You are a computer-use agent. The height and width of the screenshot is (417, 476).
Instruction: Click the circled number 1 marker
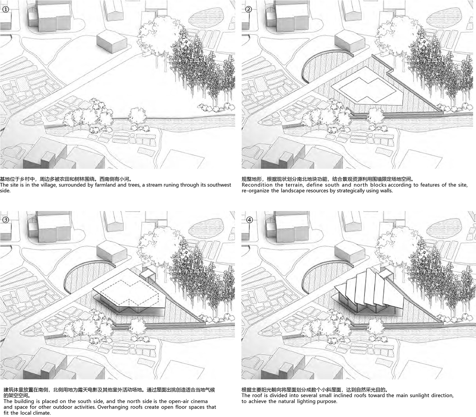pos(6,10)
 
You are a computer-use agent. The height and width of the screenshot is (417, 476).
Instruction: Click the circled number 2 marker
pos(249,10)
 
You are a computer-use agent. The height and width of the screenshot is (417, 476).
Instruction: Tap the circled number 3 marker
pos(6,220)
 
